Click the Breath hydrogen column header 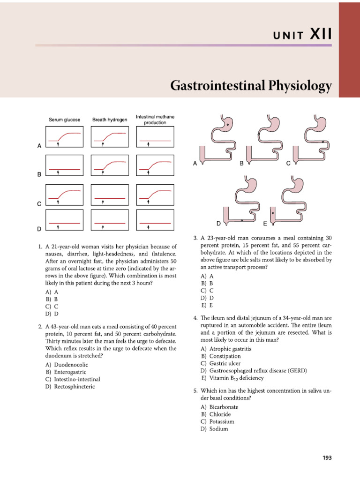pos(110,120)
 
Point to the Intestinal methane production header pos(154,119)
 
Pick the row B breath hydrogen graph pos(110,168)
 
